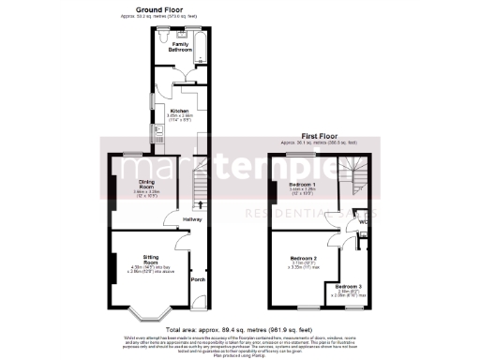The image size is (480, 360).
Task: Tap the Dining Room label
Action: [x=147, y=184]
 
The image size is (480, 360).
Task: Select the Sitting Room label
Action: [x=151, y=256]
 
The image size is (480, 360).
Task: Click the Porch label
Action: [x=197, y=280]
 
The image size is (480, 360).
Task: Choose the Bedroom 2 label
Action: [x=303, y=258]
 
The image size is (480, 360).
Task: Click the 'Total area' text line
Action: [x=239, y=332]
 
